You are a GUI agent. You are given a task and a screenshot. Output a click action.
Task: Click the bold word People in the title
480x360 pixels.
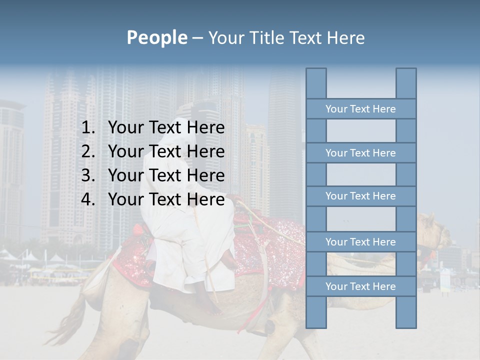click(156, 37)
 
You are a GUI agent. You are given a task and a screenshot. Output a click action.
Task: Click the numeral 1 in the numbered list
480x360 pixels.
click(87, 128)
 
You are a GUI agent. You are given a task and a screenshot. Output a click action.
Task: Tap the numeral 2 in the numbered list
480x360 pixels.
click(87, 151)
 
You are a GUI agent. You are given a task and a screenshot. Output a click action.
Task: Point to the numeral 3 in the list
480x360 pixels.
click(87, 175)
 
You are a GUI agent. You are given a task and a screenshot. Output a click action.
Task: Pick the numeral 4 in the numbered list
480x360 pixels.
click(87, 199)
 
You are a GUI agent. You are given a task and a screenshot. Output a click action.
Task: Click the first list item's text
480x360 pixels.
click(166, 128)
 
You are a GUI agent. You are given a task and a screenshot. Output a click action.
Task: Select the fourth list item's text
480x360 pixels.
click(166, 199)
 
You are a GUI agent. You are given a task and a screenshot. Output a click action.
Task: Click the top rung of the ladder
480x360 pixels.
click(360, 109)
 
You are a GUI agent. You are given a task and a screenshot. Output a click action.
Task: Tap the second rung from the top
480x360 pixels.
click(360, 153)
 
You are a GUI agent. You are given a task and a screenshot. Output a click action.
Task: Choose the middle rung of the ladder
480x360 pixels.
click(360, 196)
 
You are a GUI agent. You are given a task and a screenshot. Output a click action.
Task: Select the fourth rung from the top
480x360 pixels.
click(360, 242)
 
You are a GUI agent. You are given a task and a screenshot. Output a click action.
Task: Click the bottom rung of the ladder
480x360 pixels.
click(360, 286)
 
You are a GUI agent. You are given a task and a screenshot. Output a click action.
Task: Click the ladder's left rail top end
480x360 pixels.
click(316, 75)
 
